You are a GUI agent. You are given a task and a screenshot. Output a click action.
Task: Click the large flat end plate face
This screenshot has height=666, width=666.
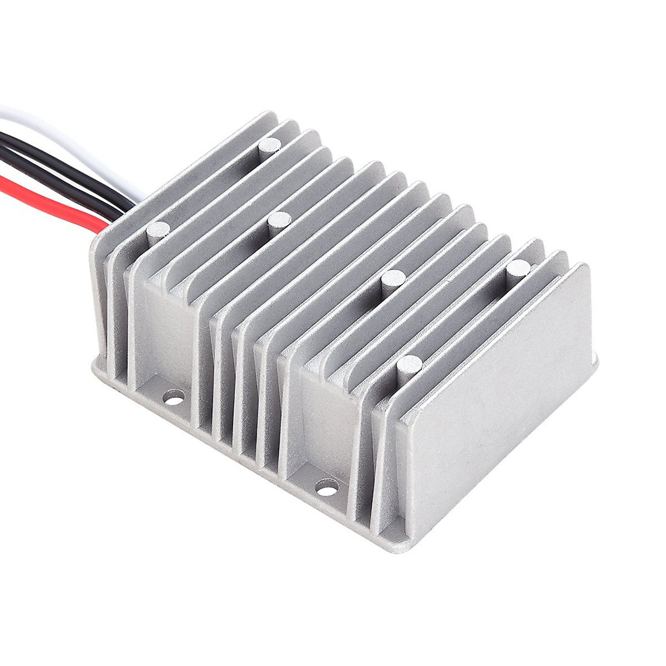tap(494, 389)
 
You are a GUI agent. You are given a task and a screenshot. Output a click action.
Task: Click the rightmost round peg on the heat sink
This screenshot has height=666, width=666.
tap(519, 269)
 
